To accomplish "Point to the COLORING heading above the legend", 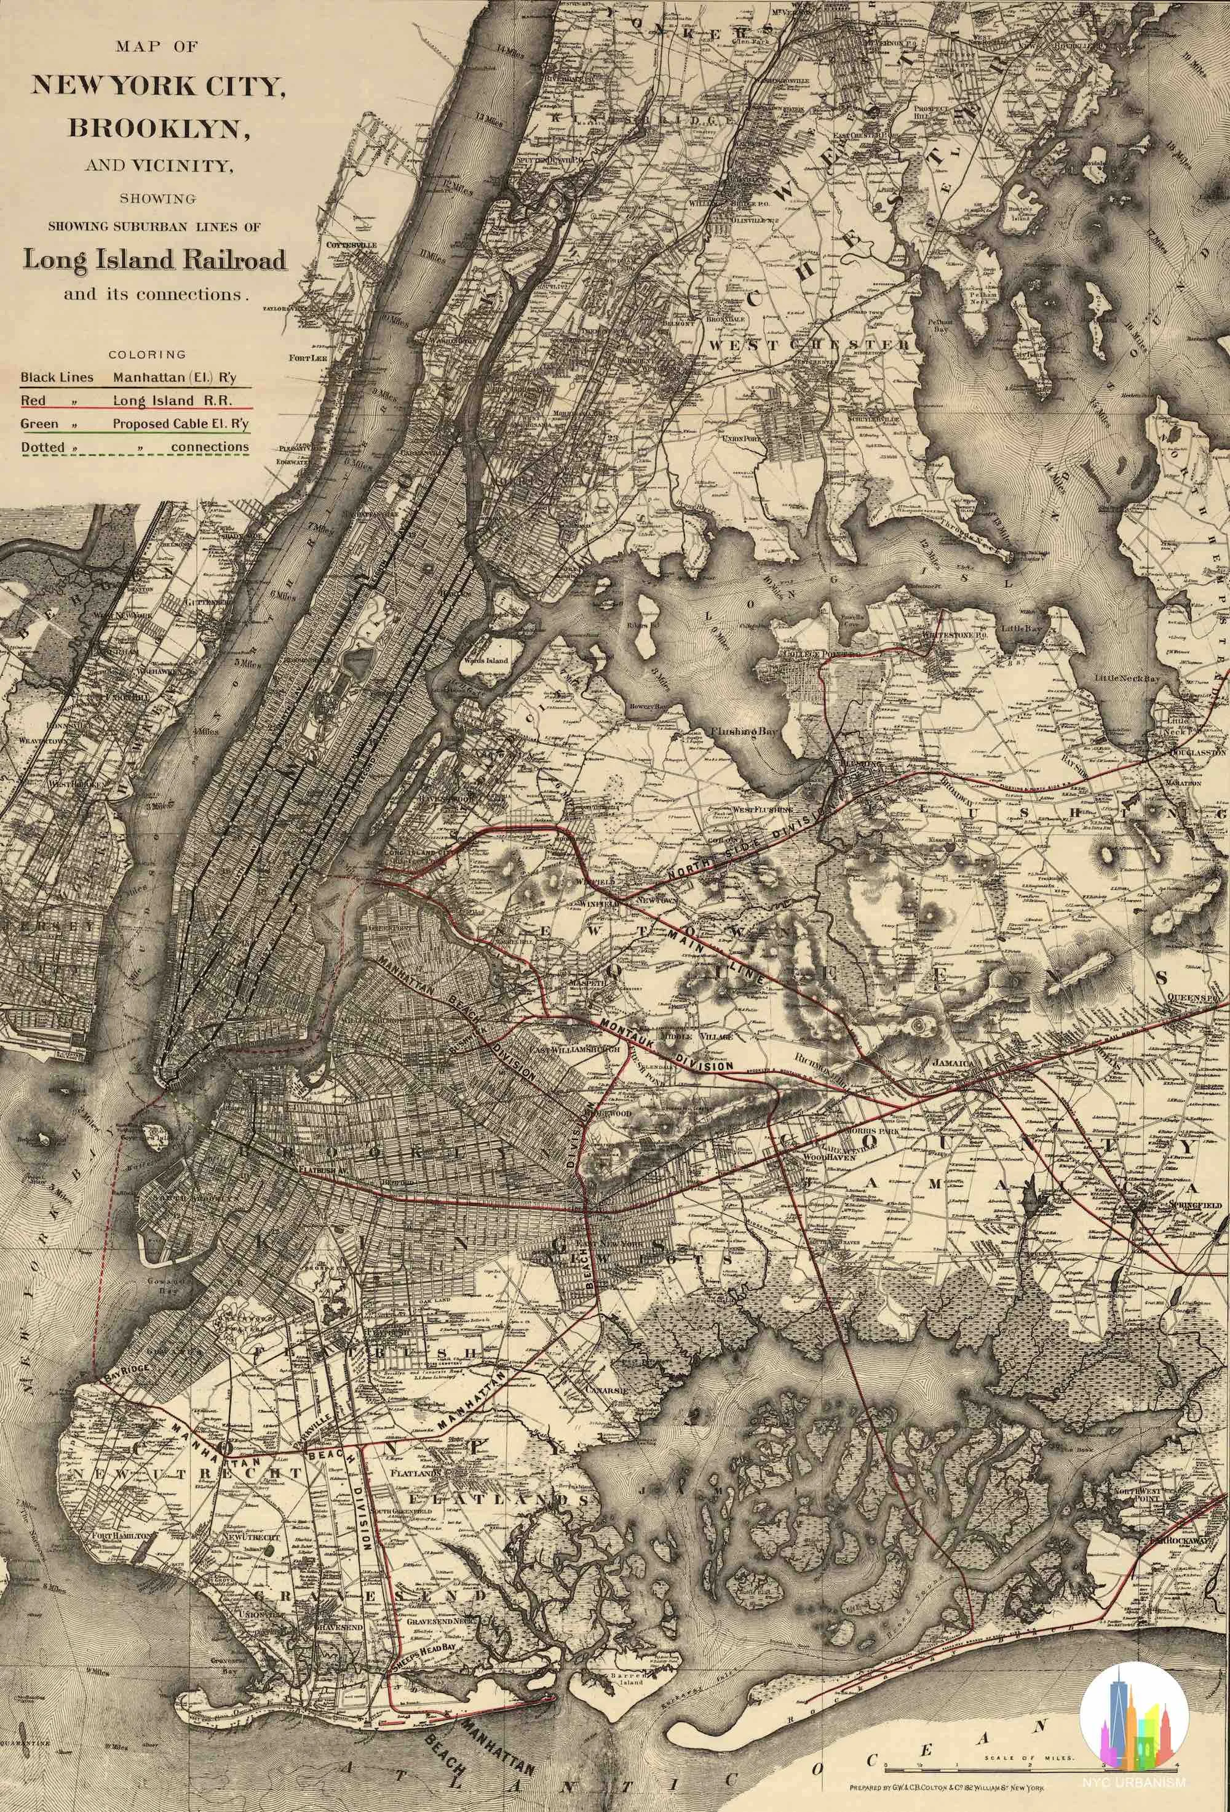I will tap(148, 354).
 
